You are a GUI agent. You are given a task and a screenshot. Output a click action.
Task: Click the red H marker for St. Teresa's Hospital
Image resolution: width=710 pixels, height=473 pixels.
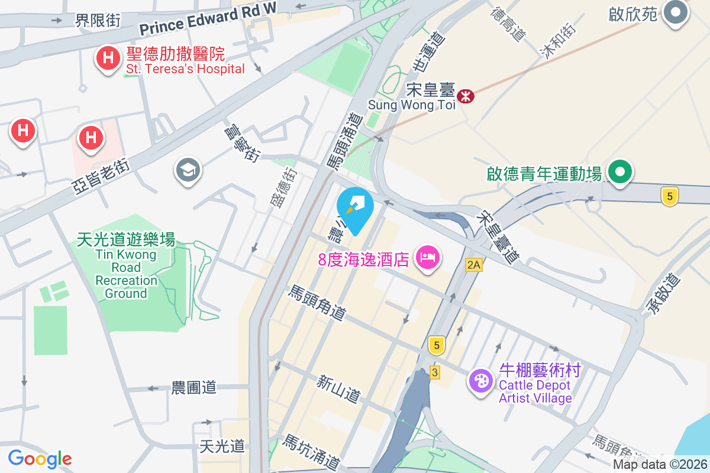tap(108, 59)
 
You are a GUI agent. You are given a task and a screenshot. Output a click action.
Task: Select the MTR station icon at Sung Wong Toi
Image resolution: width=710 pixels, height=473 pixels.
tap(466, 95)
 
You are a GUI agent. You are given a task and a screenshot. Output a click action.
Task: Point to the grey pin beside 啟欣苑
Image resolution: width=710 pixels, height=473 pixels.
tap(674, 12)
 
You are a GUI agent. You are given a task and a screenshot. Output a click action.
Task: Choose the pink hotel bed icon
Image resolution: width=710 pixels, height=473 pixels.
tap(427, 257)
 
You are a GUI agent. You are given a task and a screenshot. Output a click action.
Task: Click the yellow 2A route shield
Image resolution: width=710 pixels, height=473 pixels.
tap(473, 264)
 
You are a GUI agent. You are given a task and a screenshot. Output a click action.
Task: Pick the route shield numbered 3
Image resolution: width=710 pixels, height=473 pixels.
tap(435, 372)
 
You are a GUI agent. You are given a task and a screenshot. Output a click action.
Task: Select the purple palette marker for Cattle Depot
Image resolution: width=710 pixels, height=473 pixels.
tap(480, 380)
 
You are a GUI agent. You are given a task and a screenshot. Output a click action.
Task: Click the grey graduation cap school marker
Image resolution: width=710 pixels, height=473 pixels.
tap(188, 171)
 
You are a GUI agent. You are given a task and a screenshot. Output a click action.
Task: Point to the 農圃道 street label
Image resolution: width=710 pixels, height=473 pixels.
tap(193, 388)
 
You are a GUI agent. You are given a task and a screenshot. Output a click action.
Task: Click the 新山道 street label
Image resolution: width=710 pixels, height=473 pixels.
tap(338, 389)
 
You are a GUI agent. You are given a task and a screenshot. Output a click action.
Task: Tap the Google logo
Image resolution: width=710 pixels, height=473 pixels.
tap(40, 459)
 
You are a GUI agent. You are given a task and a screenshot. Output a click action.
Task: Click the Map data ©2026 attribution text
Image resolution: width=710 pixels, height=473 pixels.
tap(660, 465)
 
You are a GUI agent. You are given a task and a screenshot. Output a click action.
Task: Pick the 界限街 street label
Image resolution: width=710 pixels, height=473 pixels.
tap(98, 21)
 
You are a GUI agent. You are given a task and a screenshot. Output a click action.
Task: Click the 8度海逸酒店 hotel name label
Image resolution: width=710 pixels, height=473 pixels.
tap(363, 259)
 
